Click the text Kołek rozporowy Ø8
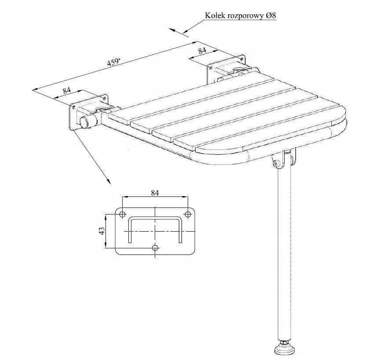pos(240,16)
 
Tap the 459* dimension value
pos(114,62)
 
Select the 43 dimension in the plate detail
pos(102,231)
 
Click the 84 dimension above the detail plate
pos(155,193)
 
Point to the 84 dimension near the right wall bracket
pos(202,51)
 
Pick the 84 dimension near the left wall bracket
pos(66,90)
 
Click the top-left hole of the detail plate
pos(122,214)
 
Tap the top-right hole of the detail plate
pos(188,214)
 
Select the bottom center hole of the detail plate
pos(155,247)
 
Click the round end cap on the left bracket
pos(84,123)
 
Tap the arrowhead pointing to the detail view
pos(109,182)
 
